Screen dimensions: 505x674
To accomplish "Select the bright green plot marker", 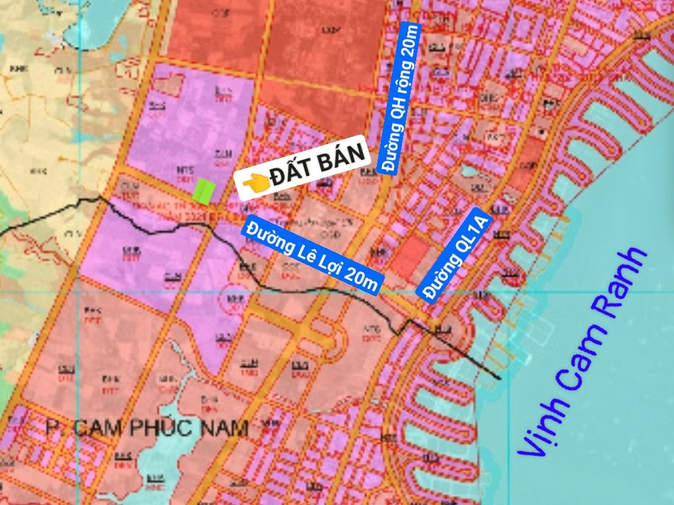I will pyautogui.click(x=203, y=191).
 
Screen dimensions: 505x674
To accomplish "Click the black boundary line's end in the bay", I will pyautogui.click(x=499, y=378).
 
